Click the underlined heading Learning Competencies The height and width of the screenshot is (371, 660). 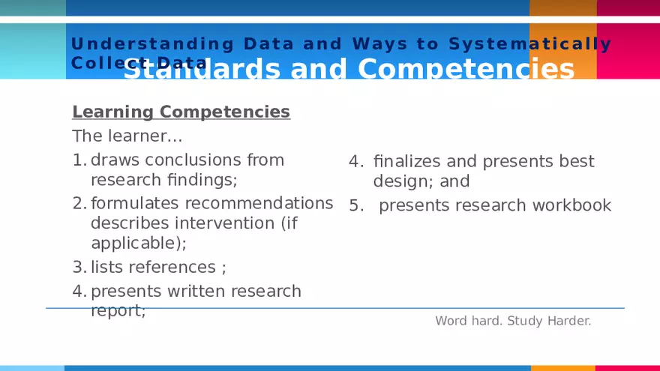point(181,112)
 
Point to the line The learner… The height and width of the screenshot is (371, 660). point(127,136)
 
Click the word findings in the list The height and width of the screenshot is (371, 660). point(203,180)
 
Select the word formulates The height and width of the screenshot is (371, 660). point(135,203)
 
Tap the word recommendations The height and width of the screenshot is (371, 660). point(259,203)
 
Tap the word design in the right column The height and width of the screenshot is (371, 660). point(398,181)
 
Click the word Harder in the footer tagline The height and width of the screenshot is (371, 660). point(568,321)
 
